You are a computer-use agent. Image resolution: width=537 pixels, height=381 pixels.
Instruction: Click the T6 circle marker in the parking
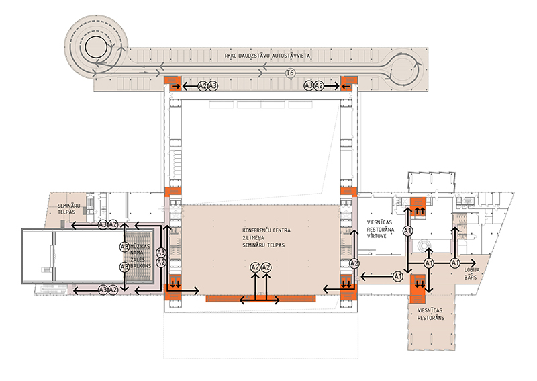[290, 73]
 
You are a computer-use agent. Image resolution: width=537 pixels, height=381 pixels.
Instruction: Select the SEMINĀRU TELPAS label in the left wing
[67, 207]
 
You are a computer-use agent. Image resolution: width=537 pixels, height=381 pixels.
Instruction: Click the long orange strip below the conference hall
[261, 298]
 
